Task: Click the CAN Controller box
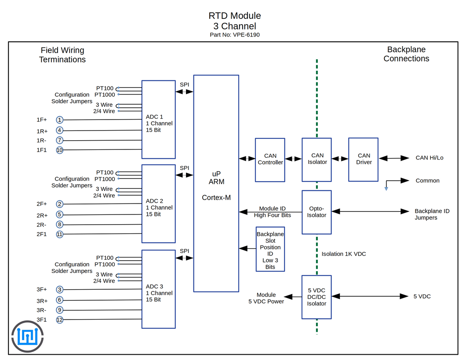point(270,160)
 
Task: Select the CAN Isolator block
point(317,160)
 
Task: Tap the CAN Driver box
point(363,160)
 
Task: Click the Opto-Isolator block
point(317,212)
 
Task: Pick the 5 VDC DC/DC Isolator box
point(317,297)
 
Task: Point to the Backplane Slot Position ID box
point(270,249)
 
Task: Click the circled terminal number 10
point(60,150)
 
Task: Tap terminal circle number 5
point(60,214)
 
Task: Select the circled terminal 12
point(60,320)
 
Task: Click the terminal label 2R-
point(41,225)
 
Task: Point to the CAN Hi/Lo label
point(430,158)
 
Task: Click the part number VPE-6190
point(246,35)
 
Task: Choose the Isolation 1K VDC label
point(343,254)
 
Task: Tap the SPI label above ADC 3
point(184,251)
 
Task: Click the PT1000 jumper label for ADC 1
point(105,95)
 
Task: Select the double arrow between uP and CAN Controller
point(247,159)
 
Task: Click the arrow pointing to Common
point(397,181)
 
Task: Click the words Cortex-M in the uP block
point(216,197)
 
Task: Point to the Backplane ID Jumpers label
point(432,214)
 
